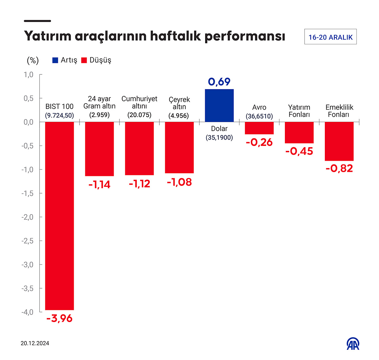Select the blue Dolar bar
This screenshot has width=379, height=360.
tap(219, 105)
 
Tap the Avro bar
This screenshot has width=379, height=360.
tap(259, 128)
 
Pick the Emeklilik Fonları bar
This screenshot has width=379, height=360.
tap(339, 141)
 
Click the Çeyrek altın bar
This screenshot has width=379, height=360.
tap(179, 147)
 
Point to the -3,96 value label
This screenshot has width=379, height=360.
tap(60, 319)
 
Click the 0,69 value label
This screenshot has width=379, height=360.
tap(219, 82)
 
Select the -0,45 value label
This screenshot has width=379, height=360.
tap(299, 151)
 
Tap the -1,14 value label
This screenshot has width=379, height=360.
tap(99, 185)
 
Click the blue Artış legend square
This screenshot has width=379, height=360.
tap(55, 60)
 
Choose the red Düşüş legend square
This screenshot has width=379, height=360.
tap(84, 60)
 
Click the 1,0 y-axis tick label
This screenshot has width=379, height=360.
tap(28, 74)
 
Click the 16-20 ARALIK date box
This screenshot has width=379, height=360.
tap(330, 37)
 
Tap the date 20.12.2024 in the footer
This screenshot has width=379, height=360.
tap(35, 343)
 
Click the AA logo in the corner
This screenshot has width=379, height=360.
tap(354, 344)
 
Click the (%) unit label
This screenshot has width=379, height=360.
tap(33, 60)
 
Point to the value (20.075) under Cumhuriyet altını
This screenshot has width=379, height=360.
tap(139, 114)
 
